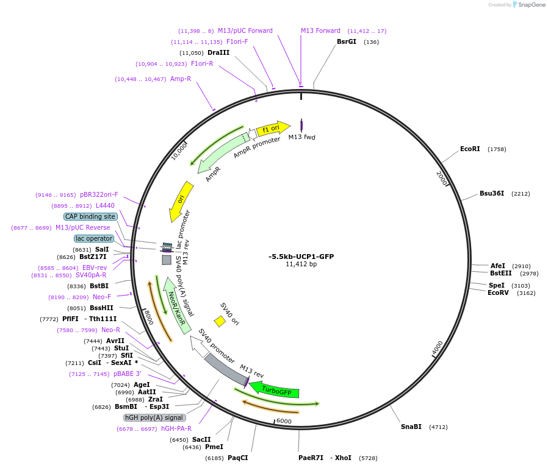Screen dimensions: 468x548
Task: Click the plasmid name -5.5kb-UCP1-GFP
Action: tap(301, 257)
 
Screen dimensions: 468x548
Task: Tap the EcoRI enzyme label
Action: tap(470, 149)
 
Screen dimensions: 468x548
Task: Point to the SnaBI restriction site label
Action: tap(411, 427)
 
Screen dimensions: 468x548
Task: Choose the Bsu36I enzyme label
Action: tap(492, 194)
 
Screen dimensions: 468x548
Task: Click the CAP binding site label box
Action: tap(90, 216)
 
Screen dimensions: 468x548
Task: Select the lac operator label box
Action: tap(94, 239)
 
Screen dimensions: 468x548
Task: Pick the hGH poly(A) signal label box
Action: tap(154, 418)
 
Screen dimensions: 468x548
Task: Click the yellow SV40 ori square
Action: tap(220, 321)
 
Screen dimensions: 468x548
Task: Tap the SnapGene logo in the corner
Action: tap(527, 5)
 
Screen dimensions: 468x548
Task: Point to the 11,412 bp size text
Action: tap(301, 264)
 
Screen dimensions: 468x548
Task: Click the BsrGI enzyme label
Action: tap(347, 42)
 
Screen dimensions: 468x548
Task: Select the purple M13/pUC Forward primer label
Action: tap(245, 31)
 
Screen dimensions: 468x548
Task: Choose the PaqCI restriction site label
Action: tap(237, 458)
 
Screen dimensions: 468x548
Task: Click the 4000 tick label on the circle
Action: tap(438, 348)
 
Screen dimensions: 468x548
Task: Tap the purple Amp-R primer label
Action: tap(181, 79)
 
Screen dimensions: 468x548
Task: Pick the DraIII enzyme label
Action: tap(218, 53)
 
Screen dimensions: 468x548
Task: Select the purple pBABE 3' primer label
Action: tap(127, 374)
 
